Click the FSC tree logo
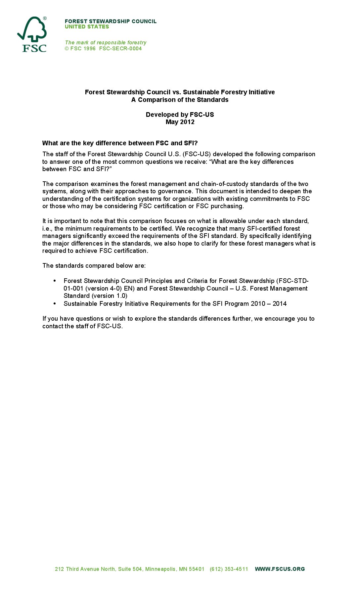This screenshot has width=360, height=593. click(32, 34)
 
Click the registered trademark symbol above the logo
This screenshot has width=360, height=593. click(45, 19)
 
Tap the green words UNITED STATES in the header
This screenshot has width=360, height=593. click(87, 27)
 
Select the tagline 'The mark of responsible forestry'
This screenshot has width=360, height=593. click(106, 42)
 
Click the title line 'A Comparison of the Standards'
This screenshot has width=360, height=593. click(180, 100)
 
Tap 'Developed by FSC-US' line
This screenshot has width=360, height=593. click(180, 114)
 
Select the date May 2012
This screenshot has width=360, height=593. click(180, 122)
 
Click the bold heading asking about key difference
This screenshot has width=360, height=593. click(120, 143)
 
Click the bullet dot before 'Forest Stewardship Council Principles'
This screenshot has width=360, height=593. click(55, 281)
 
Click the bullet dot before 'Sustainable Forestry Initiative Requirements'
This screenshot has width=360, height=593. click(55, 303)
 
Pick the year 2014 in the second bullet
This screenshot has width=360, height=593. click(280, 304)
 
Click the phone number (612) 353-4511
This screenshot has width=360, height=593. click(229, 569)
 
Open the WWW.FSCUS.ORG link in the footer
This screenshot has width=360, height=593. click(280, 569)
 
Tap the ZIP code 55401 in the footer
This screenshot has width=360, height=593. click(197, 569)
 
